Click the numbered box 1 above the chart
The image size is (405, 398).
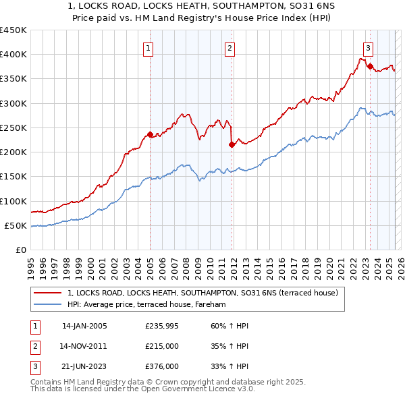147,48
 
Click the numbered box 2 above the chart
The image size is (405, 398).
230,48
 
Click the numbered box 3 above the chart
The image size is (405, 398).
368,48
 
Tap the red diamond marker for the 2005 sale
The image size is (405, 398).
150,134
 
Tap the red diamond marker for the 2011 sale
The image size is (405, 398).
232,144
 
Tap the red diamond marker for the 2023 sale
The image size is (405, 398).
371,65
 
